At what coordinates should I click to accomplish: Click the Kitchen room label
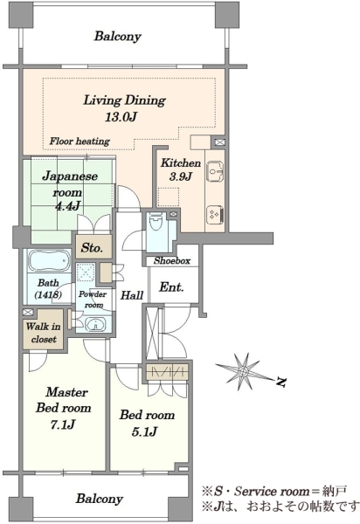click(x=181, y=163)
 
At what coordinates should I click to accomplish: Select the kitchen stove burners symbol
click(x=216, y=215)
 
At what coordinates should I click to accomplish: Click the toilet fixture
click(x=156, y=222)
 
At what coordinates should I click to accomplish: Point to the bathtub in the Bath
click(x=49, y=260)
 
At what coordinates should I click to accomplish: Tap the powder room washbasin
click(x=94, y=324)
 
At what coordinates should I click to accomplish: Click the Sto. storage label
click(x=92, y=248)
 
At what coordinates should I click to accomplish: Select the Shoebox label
click(x=172, y=260)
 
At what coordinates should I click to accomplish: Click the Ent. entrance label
click(x=171, y=287)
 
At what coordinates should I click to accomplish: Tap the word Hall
click(x=132, y=295)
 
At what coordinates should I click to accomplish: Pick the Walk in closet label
click(x=44, y=333)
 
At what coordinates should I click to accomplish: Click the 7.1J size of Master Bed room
click(x=63, y=424)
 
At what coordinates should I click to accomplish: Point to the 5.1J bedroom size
click(x=144, y=431)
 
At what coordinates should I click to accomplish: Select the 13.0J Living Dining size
click(x=121, y=117)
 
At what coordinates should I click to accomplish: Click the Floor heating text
click(x=80, y=141)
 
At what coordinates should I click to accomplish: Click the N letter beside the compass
click(x=281, y=382)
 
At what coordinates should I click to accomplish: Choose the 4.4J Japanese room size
click(x=67, y=205)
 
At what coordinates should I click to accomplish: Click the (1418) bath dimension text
click(x=48, y=295)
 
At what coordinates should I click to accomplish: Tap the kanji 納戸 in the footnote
click(x=335, y=491)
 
